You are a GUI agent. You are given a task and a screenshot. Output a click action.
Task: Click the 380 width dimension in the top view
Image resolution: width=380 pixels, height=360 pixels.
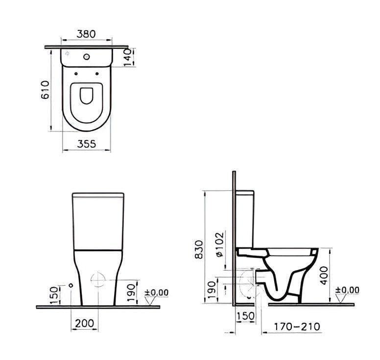[x=86, y=34]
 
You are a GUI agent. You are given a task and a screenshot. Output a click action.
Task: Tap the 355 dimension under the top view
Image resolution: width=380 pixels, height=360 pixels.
[x=86, y=143]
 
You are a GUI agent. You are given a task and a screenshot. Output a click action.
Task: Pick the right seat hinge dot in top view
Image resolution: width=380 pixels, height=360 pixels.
[x=97, y=74]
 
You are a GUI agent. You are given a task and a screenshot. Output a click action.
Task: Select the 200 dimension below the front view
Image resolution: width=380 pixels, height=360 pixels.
[x=85, y=323]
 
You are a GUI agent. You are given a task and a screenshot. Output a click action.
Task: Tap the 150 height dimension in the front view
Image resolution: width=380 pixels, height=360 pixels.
[x=55, y=295]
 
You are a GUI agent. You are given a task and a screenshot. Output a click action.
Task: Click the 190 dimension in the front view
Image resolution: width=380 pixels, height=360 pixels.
[x=130, y=293]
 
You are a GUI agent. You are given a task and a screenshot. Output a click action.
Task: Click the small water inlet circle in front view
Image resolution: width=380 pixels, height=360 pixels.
[x=71, y=285]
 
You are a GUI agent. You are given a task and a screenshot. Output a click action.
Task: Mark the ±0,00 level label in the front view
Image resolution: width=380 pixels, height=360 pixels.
[x=157, y=293]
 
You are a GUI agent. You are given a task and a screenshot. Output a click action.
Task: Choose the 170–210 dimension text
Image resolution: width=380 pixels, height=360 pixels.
[x=297, y=326]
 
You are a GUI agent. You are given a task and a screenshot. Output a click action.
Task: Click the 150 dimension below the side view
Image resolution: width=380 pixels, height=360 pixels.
[x=245, y=316]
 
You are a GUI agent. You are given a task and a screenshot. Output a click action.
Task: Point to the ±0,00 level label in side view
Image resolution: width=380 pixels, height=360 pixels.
[x=347, y=291]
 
